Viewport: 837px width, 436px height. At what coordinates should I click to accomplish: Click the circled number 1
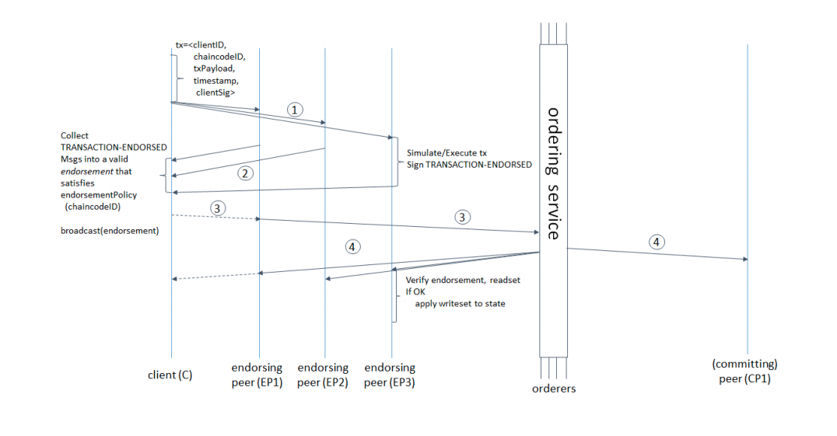[x=295, y=110]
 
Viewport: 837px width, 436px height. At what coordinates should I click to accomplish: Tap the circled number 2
[x=246, y=173]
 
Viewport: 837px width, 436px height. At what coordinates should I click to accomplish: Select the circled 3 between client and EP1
[x=217, y=208]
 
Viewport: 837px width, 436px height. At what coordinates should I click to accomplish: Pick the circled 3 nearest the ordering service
[x=462, y=217]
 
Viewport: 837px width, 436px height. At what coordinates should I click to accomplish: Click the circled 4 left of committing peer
[x=657, y=242]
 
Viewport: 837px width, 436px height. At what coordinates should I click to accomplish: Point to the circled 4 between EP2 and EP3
[x=352, y=247]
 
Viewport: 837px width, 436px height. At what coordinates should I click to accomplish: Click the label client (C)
[x=170, y=375]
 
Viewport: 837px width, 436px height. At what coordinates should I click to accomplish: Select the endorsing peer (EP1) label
[x=257, y=375]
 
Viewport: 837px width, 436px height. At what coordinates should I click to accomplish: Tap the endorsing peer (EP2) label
[x=323, y=375]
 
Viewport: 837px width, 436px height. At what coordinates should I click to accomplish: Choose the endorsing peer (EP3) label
[x=390, y=375]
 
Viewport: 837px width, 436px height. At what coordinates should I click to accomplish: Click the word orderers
[x=554, y=389]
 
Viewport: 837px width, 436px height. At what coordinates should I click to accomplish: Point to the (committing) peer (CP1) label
[x=744, y=371]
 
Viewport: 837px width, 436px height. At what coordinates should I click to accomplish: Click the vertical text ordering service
[x=554, y=174]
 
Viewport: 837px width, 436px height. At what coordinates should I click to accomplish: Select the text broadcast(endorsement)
[x=110, y=231]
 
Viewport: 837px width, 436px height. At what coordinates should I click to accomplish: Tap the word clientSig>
[x=215, y=92]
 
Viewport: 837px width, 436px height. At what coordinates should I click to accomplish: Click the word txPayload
[x=213, y=68]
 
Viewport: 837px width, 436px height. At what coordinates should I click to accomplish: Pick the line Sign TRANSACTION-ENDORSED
[x=469, y=165]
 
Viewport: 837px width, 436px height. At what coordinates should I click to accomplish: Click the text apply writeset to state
[x=461, y=304]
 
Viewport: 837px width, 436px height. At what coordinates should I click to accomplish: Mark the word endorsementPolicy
[x=99, y=195]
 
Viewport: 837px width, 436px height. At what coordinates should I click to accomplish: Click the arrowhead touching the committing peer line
[x=745, y=259]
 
